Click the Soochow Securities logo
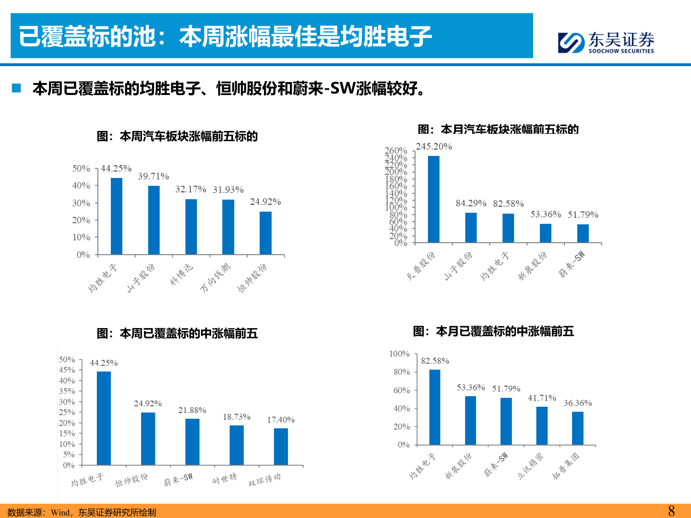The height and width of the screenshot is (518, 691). coord(606,42)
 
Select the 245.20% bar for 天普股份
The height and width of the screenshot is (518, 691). coord(433,199)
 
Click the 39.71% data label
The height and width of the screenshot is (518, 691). coord(154,177)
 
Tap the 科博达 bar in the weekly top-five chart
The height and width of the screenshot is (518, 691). coord(191,226)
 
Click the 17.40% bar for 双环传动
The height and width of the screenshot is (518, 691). coord(281,447)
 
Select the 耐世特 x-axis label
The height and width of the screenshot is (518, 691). coord(225,479)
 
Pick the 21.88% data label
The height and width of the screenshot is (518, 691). coord(192,410)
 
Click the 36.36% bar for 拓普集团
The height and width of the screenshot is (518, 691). coord(578,428)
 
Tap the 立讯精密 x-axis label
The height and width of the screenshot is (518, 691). coord(530,466)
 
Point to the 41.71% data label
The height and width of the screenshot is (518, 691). coord(542,398)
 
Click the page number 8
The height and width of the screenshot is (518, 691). coord(671,511)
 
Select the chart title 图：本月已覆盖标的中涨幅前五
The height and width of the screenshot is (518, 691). coord(493,331)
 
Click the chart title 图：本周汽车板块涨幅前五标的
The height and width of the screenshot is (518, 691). coord(177,137)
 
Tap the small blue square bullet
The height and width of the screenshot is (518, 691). coord(17,88)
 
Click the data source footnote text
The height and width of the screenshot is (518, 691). coord(82,512)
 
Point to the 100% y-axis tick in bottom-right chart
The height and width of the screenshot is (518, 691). coord(399,354)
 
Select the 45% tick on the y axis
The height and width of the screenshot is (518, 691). coord(67,370)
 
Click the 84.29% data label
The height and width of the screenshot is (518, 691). coord(471,203)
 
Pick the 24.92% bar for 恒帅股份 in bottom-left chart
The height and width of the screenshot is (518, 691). coord(148,438)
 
